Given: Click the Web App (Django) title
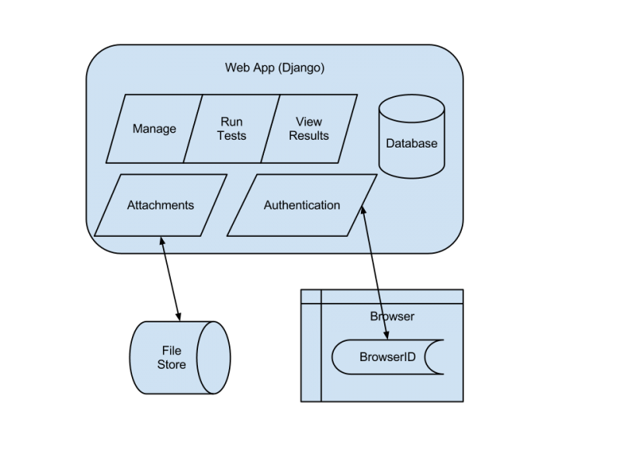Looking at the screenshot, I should tap(275, 68).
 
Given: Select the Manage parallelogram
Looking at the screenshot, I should tap(154, 129).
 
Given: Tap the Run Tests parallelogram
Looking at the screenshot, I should tap(231, 129).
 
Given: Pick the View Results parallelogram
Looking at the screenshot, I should tap(309, 129).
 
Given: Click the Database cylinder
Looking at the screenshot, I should tap(411, 144).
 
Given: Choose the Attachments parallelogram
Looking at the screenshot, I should tap(161, 206).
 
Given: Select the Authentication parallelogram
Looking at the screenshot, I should tap(302, 206).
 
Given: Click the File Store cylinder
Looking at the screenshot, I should tap(172, 357).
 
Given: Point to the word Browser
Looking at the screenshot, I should tap(392, 316).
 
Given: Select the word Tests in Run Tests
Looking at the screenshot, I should tap(231, 136).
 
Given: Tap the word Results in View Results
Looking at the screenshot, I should tap(309, 136).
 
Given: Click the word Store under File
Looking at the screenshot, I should tap(172, 364).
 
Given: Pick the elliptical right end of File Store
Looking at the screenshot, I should tap(213, 357).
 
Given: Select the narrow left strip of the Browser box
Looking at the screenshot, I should tap(311, 346).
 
